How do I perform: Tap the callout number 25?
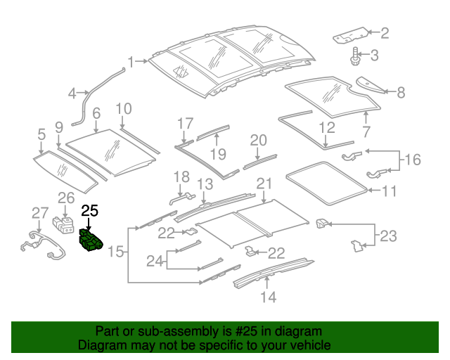click(91, 210)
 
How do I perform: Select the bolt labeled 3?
click(356, 56)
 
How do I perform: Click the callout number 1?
click(131, 61)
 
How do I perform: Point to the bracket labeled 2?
click(349, 34)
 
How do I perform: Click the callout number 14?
click(268, 297)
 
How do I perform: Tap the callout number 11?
click(390, 190)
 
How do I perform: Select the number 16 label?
click(413, 161)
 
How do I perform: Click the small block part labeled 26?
click(65, 224)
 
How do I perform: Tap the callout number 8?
click(401, 91)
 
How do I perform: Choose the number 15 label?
click(116, 251)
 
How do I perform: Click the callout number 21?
click(264, 184)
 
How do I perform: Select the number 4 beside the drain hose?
click(72, 93)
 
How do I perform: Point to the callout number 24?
click(155, 262)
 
